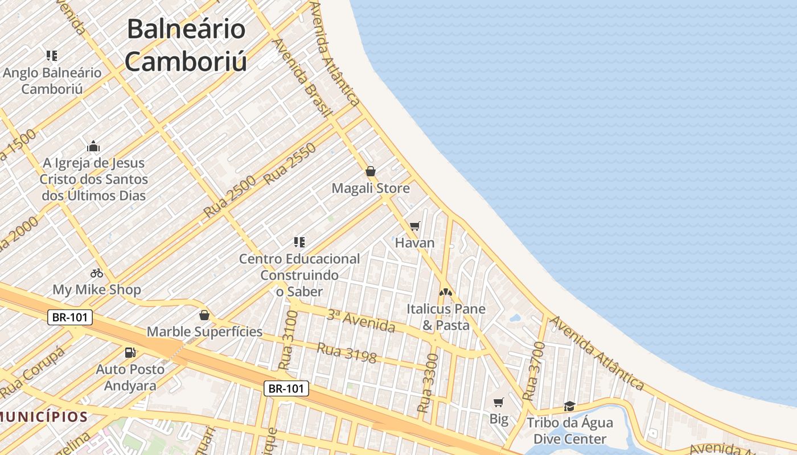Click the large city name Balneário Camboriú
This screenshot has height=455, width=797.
click(x=186, y=45)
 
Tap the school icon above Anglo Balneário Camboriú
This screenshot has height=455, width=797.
click(x=52, y=56)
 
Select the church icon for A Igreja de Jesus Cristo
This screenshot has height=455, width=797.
click(x=93, y=146)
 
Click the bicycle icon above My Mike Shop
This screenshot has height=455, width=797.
click(x=97, y=273)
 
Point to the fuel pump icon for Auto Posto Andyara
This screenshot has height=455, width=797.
click(x=130, y=353)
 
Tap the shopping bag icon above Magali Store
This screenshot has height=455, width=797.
click(x=371, y=171)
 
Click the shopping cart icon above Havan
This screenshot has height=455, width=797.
click(x=414, y=226)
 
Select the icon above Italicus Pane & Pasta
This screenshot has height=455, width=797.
click(x=446, y=292)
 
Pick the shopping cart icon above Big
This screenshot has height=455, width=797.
click(x=499, y=403)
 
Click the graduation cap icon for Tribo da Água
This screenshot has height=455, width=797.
click(x=569, y=406)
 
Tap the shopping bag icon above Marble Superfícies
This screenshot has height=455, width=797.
click(x=204, y=315)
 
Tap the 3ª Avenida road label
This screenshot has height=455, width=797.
click(x=361, y=321)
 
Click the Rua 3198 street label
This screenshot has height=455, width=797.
click(x=347, y=353)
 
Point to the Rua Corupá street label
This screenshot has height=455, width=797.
click(x=32, y=373)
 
